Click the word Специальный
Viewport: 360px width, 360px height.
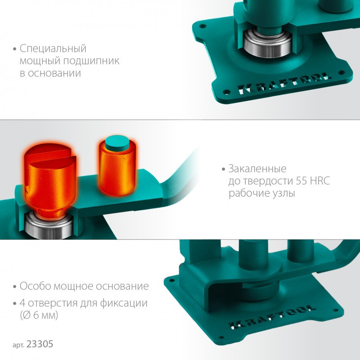point(53,49)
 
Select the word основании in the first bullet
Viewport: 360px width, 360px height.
point(54,73)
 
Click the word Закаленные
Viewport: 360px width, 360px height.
point(257,169)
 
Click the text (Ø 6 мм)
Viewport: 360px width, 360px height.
point(39,315)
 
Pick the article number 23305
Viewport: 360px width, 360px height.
point(40,344)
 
